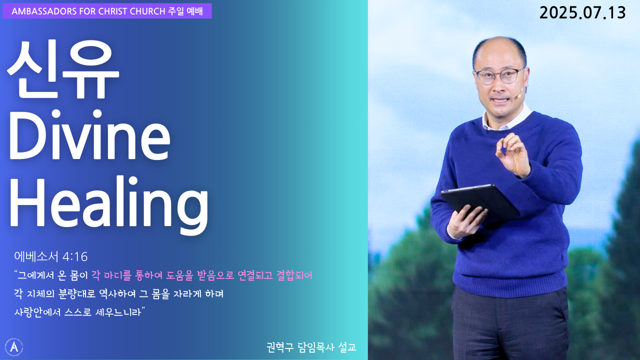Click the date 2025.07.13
[x=582, y=13]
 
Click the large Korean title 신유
[x=63, y=70]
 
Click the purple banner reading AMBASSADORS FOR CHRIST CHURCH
[x=107, y=11]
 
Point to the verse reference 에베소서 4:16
[x=51, y=256]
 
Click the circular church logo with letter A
[x=13, y=347]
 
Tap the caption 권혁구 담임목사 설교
[x=311, y=347]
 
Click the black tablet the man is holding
[x=480, y=201]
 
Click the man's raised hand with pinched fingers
[x=513, y=155]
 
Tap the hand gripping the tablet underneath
[x=465, y=221]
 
